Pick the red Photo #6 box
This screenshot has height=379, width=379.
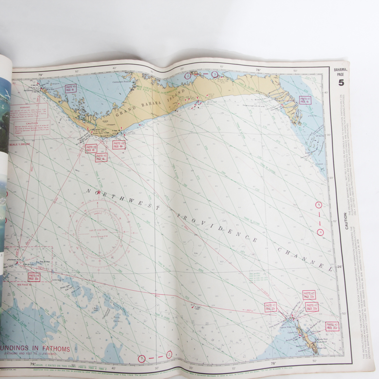click(91, 148)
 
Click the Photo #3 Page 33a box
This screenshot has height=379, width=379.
click(270, 306)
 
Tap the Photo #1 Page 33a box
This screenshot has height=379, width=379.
click(312, 307)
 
